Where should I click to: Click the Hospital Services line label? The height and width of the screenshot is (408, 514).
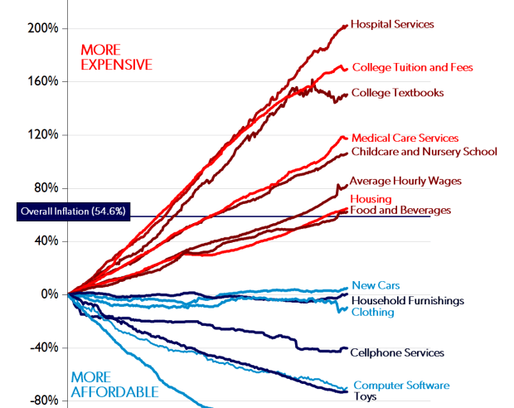click(392, 24)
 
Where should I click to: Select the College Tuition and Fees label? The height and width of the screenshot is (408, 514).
click(412, 67)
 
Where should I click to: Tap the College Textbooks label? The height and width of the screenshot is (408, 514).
click(397, 93)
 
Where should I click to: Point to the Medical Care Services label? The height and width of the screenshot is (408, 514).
click(405, 138)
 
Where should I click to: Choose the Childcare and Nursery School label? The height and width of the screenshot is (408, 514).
click(424, 151)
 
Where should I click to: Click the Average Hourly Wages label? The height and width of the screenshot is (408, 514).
click(405, 180)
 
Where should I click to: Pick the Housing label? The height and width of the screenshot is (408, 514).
click(371, 199)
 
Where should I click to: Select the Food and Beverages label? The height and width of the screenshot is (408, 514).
click(400, 210)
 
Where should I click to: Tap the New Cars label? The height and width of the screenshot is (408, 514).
click(376, 285)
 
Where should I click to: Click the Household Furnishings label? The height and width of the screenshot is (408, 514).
click(407, 300)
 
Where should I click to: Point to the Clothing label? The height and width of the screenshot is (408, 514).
click(372, 312)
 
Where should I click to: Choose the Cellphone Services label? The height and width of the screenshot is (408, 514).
click(397, 352)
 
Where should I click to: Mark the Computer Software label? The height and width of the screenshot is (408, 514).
click(401, 385)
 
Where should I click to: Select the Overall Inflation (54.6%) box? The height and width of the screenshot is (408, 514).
click(73, 211)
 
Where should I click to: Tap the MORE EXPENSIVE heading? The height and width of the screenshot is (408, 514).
click(116, 57)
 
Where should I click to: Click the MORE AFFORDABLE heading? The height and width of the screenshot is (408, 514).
click(114, 384)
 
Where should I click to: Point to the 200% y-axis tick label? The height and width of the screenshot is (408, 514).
click(41, 28)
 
